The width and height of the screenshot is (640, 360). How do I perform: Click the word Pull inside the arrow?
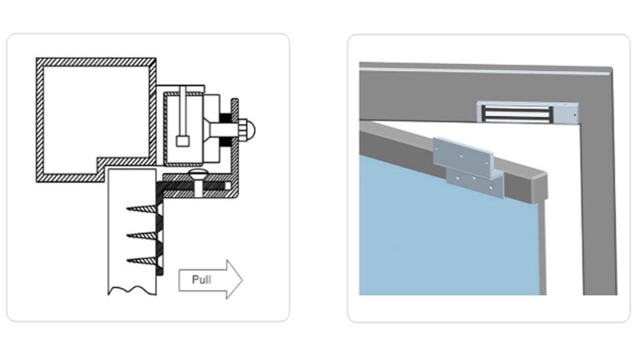tap(201, 279)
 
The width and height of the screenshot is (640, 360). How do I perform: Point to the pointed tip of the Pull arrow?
tap(243, 280)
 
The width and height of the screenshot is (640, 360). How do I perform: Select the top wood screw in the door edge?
tap(143, 209)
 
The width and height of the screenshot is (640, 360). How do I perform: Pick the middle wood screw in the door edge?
tap(143, 235)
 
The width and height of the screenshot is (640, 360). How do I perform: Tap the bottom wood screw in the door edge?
tap(143, 260)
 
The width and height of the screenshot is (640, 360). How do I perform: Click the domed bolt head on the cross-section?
tap(248, 130)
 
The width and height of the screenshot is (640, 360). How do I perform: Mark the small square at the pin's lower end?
tap(183, 141)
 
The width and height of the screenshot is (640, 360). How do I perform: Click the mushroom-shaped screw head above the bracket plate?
tap(198, 175)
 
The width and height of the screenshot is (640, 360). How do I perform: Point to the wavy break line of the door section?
tap(132, 290)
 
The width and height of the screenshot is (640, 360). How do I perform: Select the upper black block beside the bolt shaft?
tap(226, 117)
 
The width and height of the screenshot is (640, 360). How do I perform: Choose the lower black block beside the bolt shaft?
tap(226, 143)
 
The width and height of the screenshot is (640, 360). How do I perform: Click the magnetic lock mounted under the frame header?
tap(528, 113)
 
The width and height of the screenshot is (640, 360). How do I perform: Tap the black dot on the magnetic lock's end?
tap(575, 115)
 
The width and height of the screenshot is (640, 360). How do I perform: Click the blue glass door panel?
tap(445, 233)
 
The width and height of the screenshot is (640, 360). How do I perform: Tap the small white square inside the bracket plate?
tap(228, 186)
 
